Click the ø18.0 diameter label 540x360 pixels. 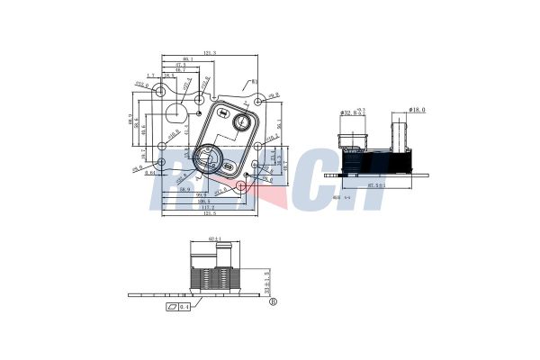click(417, 110)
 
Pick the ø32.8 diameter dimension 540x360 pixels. click(350, 112)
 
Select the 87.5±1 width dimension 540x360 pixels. click(376, 185)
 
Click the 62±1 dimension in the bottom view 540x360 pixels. click(215, 238)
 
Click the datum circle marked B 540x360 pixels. click(273, 302)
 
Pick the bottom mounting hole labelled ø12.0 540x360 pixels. click(240, 186)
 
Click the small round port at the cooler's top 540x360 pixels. click(242, 121)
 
